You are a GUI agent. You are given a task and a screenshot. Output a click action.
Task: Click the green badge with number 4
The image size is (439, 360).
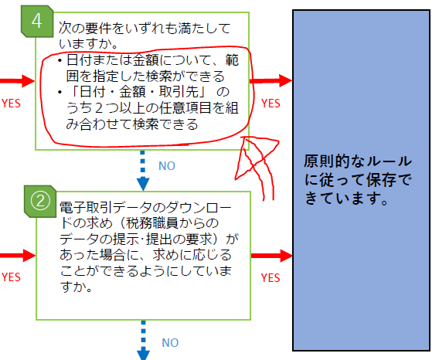pyautogui.click(x=37, y=22)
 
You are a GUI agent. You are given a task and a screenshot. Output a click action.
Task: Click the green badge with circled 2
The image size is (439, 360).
pyautogui.click(x=40, y=202)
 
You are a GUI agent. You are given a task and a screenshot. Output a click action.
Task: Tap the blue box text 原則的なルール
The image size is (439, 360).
pyautogui.click(x=358, y=161)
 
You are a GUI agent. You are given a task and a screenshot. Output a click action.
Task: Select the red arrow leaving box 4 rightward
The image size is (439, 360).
pyautogui.click(x=271, y=80)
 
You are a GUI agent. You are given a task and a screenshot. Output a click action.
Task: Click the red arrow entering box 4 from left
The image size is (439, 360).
pyautogui.click(x=17, y=81)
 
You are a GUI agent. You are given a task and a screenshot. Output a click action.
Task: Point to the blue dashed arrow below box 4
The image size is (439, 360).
pyautogui.click(x=143, y=171)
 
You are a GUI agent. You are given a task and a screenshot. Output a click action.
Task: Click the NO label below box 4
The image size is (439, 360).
pyautogui.click(x=167, y=166)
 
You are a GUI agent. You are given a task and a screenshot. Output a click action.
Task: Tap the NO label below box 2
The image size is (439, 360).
pyautogui.click(x=170, y=343)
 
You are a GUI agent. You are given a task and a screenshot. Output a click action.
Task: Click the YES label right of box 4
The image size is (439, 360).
pyautogui.click(x=271, y=104)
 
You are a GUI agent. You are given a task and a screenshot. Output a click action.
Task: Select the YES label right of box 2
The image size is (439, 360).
pyautogui.click(x=271, y=277)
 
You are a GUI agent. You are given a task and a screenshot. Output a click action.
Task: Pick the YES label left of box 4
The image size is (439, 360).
pyautogui.click(x=11, y=104)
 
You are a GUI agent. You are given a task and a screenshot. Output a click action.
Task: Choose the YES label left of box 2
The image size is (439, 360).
pyautogui.click(x=11, y=277)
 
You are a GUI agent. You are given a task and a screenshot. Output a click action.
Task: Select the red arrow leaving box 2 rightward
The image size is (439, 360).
pyautogui.click(x=272, y=256)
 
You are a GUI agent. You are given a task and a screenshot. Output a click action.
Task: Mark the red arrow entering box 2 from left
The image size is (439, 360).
pyautogui.click(x=18, y=256)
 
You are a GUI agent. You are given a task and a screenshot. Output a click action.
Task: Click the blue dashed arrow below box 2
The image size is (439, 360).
pyautogui.click(x=143, y=340)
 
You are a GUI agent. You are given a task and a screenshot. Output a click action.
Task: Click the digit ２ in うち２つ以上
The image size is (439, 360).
pyautogui.click(x=98, y=108)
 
